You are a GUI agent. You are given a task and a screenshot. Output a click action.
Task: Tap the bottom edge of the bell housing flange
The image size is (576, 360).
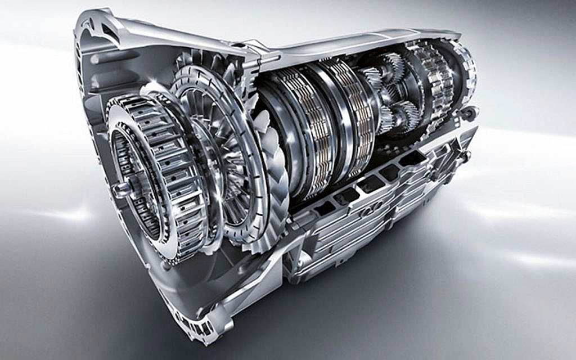pyautogui.click(x=186, y=332)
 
